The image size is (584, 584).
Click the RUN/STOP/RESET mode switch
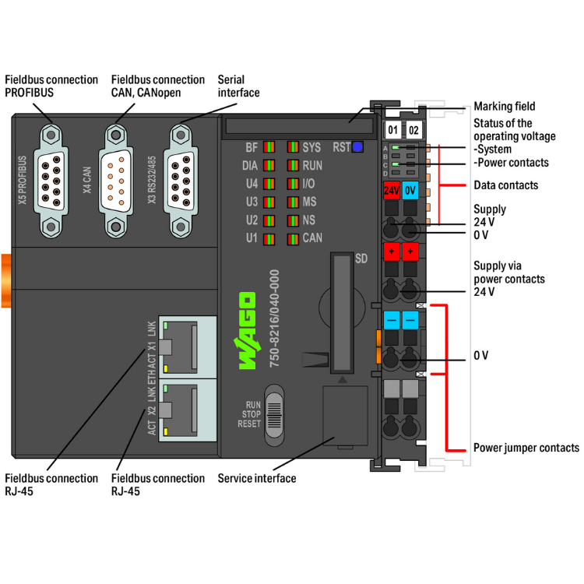pyautogui.click(x=275, y=413)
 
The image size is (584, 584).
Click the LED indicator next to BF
pyautogui.click(x=269, y=147)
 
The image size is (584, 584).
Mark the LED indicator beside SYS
pyautogui.click(x=293, y=147)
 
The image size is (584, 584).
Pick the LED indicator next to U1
pyautogui.click(x=269, y=238)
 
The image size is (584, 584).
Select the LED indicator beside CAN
pyautogui.click(x=293, y=238)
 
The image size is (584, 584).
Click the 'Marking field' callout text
pyautogui.click(x=505, y=107)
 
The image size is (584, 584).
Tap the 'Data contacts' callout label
pyautogui.click(x=505, y=185)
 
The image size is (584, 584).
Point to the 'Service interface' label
pyautogui.click(x=257, y=478)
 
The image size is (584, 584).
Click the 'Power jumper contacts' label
pyautogui.click(x=526, y=448)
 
